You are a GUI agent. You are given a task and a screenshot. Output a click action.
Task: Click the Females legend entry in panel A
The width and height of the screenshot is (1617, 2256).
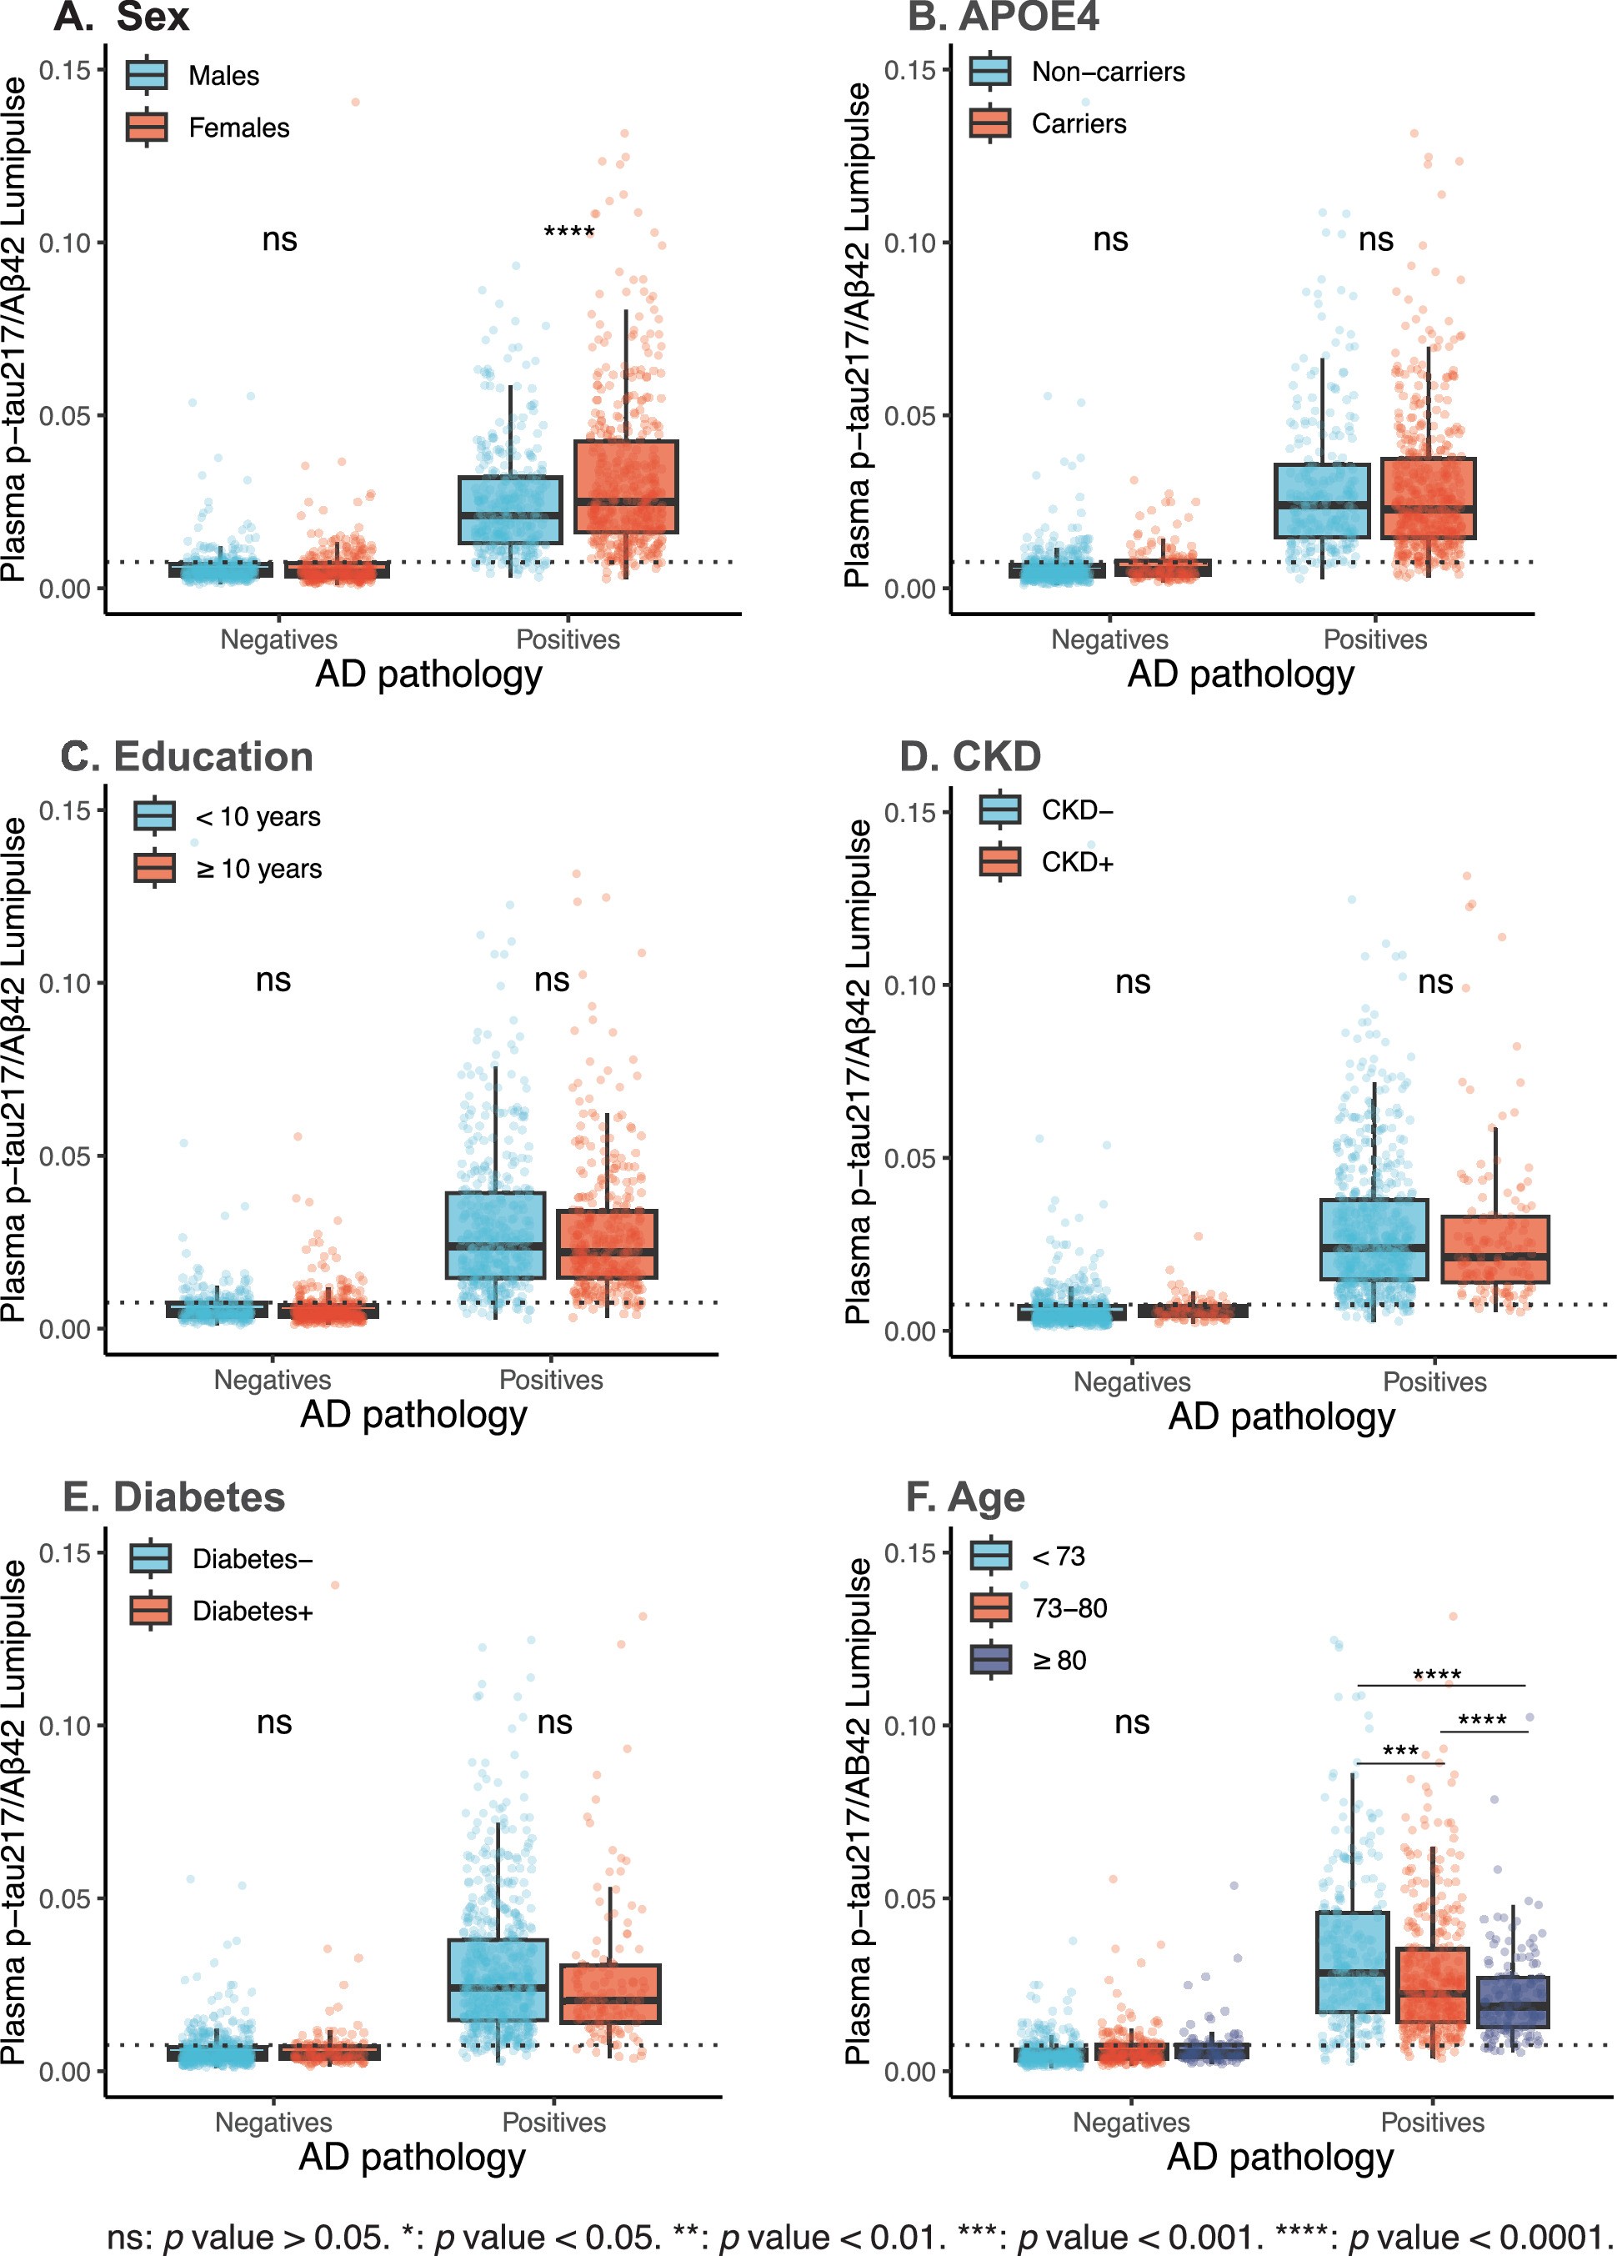[x=238, y=128]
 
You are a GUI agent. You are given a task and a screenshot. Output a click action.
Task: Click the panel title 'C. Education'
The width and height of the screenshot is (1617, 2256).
[x=187, y=757]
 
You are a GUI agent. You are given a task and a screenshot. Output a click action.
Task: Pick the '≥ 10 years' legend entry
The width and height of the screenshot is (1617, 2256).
[x=258, y=869]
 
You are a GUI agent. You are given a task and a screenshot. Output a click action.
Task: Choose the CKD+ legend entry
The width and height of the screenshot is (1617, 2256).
[x=1077, y=861]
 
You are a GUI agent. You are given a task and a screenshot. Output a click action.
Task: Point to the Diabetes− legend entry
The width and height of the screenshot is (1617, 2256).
[x=253, y=1559]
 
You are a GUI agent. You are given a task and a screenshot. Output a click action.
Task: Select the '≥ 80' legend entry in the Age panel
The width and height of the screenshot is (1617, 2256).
[x=1059, y=1660]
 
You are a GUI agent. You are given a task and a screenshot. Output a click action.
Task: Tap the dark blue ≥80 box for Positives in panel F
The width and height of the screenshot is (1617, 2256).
[x=1513, y=2002]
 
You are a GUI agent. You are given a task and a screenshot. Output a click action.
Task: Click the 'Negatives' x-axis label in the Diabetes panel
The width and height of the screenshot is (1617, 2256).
[x=273, y=2122]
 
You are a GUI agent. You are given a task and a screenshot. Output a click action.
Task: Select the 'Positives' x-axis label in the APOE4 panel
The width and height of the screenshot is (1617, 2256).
[x=1374, y=639]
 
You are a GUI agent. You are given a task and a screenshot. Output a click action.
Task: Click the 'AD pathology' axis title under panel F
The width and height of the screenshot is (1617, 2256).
[x=1280, y=2158]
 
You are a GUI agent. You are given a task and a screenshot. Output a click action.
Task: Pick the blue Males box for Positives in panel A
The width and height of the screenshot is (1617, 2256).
[x=509, y=509]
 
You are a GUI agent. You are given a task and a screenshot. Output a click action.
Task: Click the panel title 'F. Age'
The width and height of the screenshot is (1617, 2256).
[x=964, y=1497]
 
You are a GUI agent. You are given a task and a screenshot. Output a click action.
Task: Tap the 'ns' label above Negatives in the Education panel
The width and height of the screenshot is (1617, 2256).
[x=273, y=980]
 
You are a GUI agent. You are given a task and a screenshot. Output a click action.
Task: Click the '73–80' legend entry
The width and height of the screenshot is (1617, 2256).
[x=1069, y=1608]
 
